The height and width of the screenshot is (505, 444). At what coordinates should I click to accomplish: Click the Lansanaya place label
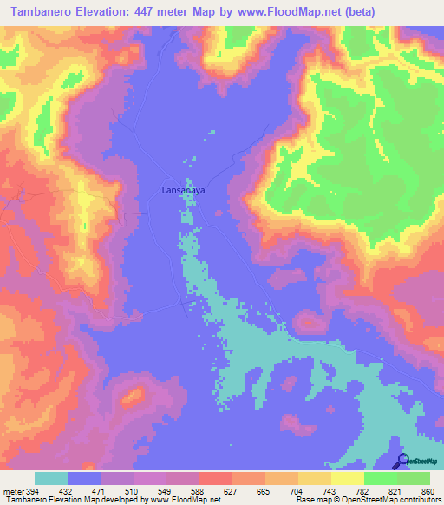click(183, 189)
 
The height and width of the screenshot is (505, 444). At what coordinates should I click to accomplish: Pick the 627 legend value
click(230, 491)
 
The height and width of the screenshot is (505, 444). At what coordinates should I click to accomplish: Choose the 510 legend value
click(132, 491)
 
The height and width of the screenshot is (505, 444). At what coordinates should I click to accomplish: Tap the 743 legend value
click(329, 491)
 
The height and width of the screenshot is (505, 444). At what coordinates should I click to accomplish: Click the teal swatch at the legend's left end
click(51, 478)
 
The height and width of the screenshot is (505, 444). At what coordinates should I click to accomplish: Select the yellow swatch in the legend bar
click(348, 478)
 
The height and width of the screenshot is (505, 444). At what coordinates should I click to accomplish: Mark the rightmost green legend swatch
click(414, 478)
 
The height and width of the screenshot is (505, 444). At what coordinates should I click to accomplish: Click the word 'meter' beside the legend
click(11, 491)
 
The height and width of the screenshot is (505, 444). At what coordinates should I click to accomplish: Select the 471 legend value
click(98, 491)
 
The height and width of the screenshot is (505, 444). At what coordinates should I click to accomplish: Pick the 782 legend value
click(362, 491)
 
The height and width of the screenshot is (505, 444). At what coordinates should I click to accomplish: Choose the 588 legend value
click(198, 491)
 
